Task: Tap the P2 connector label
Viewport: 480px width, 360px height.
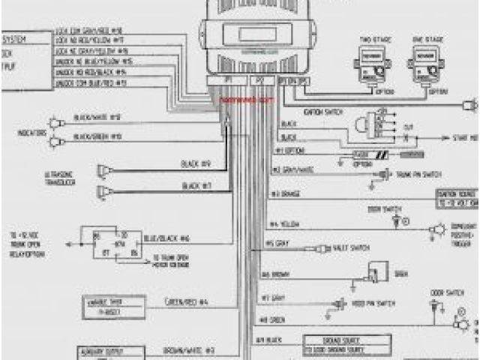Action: point(259,79)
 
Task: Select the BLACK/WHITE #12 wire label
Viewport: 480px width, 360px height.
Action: point(97,118)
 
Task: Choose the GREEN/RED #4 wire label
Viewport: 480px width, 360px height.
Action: point(187,302)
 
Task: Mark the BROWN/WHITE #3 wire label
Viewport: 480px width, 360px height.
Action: point(190,350)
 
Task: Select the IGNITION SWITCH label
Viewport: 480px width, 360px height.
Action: point(323,111)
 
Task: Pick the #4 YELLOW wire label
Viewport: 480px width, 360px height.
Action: point(285,224)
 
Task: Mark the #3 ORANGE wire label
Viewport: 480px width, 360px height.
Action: point(286,193)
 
